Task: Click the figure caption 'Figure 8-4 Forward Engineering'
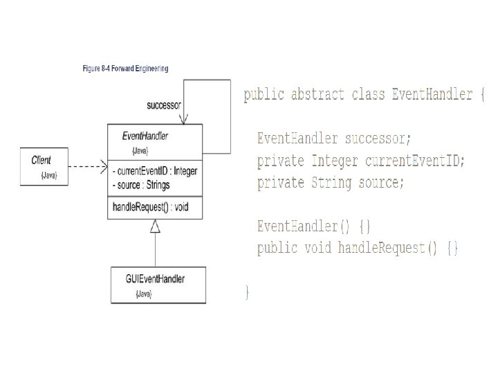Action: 124,69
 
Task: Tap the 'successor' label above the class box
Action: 164,106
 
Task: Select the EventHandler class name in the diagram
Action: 145,136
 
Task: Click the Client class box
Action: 46,165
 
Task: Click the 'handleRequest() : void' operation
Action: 151,206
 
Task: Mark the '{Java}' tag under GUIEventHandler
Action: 143,294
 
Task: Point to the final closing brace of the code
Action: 247,292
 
